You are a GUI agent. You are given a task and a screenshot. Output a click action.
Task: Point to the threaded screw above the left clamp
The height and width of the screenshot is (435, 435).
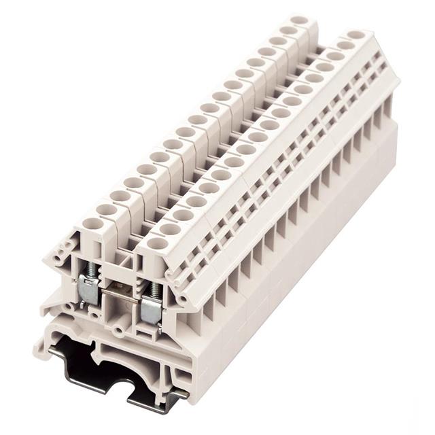click(x=89, y=266)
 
